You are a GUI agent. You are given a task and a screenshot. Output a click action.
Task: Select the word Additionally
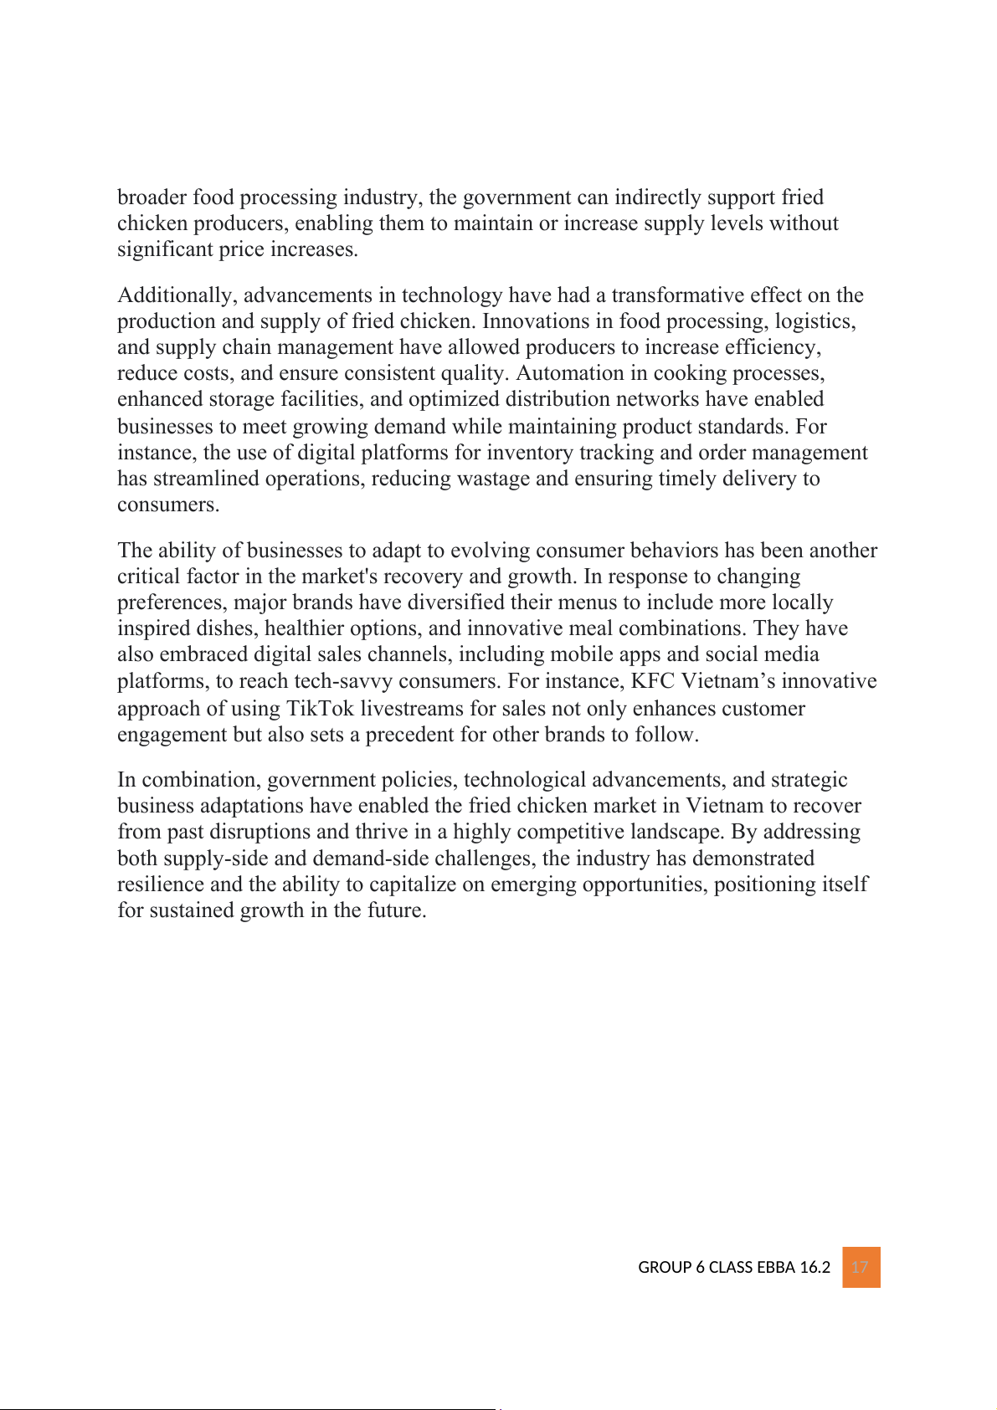click(x=177, y=295)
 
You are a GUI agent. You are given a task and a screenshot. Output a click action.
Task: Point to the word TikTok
click(x=320, y=709)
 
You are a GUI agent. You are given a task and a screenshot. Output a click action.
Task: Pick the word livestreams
click(x=411, y=709)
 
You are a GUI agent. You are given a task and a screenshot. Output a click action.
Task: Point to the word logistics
click(x=815, y=321)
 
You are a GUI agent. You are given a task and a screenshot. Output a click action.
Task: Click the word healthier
click(x=304, y=628)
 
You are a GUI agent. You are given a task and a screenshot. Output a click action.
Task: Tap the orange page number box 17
click(x=861, y=1267)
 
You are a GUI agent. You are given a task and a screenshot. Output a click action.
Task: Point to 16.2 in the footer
click(x=815, y=1268)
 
